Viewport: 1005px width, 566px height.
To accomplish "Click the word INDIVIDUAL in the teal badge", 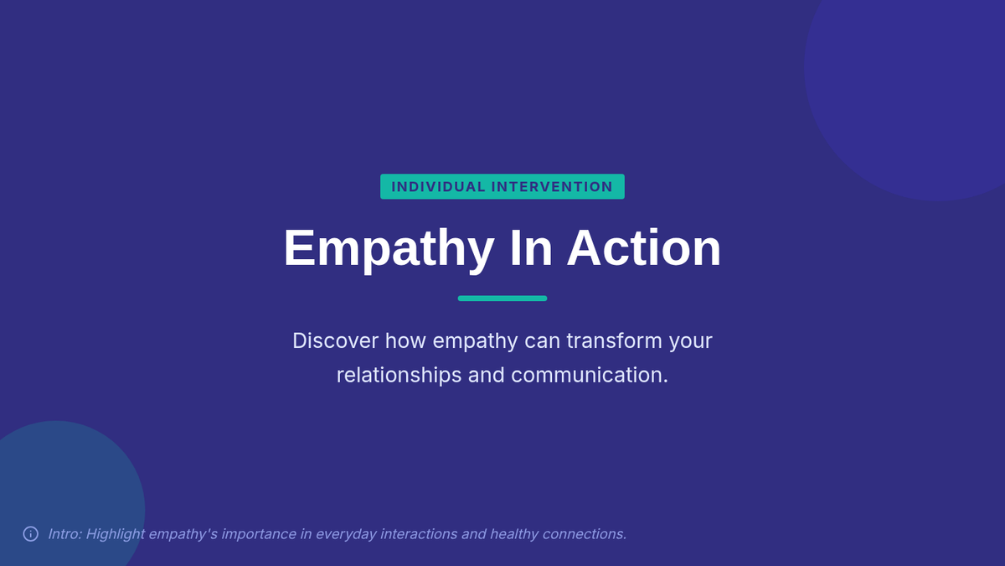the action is coord(438,187).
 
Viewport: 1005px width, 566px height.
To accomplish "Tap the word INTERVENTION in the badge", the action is coord(552,187).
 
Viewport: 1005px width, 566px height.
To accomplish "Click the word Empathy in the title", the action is coord(389,249).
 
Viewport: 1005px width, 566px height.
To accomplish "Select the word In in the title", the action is coord(532,249).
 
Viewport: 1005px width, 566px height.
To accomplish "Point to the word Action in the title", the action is coord(644,249).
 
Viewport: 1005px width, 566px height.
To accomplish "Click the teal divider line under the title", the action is coord(502,299).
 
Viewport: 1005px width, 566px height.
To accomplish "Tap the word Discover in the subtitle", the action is coord(336,341).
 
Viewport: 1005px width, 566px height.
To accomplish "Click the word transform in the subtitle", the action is coord(614,341).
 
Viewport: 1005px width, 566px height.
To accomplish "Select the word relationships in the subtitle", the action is coord(399,375).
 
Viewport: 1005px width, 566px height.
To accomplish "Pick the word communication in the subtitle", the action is coord(589,375).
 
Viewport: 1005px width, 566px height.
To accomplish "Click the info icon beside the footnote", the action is coord(30,534).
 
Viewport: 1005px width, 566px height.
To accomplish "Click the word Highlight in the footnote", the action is coord(116,535).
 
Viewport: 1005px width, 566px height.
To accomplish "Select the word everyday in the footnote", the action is coord(346,535).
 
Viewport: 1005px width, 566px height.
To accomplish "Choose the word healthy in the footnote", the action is coord(513,535).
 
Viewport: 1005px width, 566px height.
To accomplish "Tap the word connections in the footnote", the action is coord(585,534).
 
